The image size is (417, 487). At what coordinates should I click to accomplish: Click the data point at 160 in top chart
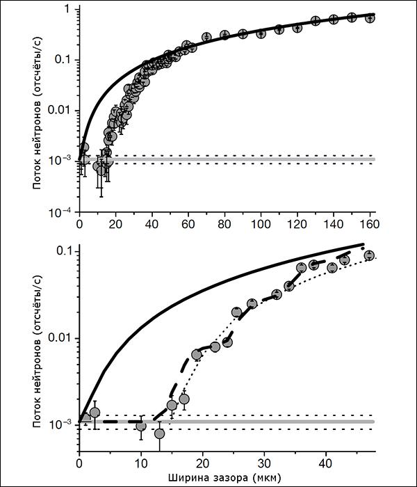[370, 17]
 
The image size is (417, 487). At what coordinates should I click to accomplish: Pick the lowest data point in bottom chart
[160, 434]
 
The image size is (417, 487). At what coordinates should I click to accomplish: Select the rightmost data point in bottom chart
[370, 255]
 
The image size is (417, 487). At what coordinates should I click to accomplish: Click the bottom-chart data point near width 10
[141, 425]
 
